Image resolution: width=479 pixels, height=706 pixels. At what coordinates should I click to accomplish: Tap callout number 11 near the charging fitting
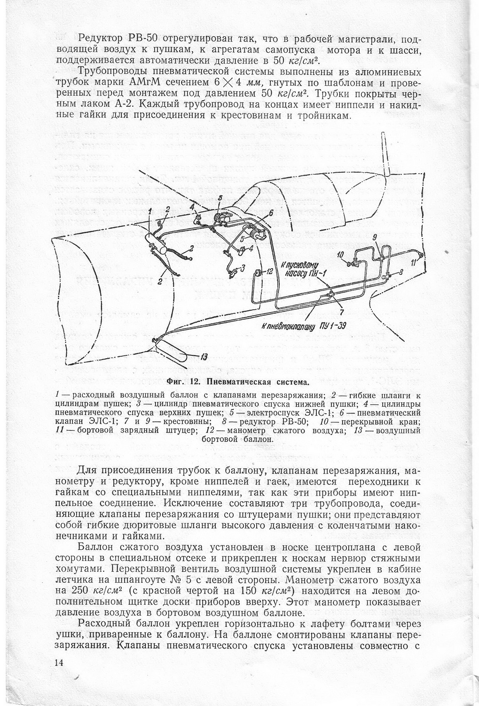(x=413, y=263)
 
